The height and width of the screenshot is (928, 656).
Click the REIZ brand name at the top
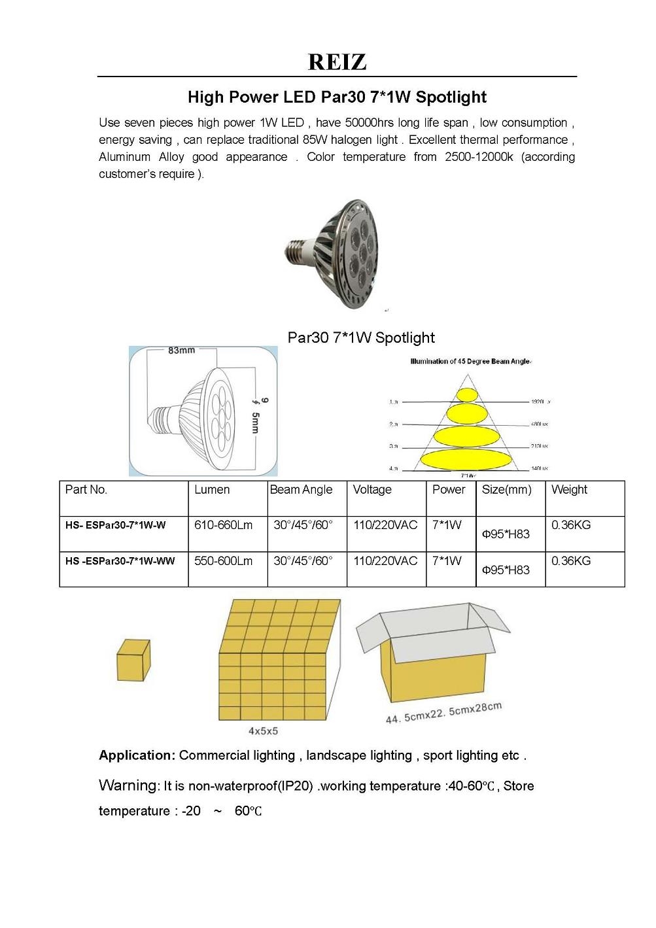(x=337, y=62)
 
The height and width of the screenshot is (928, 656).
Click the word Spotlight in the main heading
(x=451, y=97)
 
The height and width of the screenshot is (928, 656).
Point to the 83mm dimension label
(x=181, y=351)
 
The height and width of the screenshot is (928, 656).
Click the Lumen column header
(x=212, y=490)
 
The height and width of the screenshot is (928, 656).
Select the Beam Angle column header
(x=302, y=490)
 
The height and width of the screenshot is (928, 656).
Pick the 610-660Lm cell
(x=223, y=525)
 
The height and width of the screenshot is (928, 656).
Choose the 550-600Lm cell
(x=223, y=561)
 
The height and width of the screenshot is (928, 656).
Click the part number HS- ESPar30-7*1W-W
(x=116, y=525)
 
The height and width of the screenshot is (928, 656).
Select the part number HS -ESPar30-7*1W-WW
(x=120, y=561)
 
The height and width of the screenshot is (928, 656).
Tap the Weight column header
(x=569, y=490)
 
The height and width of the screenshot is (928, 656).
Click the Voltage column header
(x=372, y=490)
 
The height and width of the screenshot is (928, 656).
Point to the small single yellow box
(x=133, y=661)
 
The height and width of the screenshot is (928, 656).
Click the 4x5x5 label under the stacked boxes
(x=263, y=730)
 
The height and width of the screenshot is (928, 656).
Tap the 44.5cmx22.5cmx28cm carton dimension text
(x=443, y=713)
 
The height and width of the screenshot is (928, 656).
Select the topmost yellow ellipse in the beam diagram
(x=467, y=395)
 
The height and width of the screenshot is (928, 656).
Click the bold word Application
(x=137, y=755)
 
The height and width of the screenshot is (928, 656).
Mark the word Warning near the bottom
(x=129, y=785)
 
